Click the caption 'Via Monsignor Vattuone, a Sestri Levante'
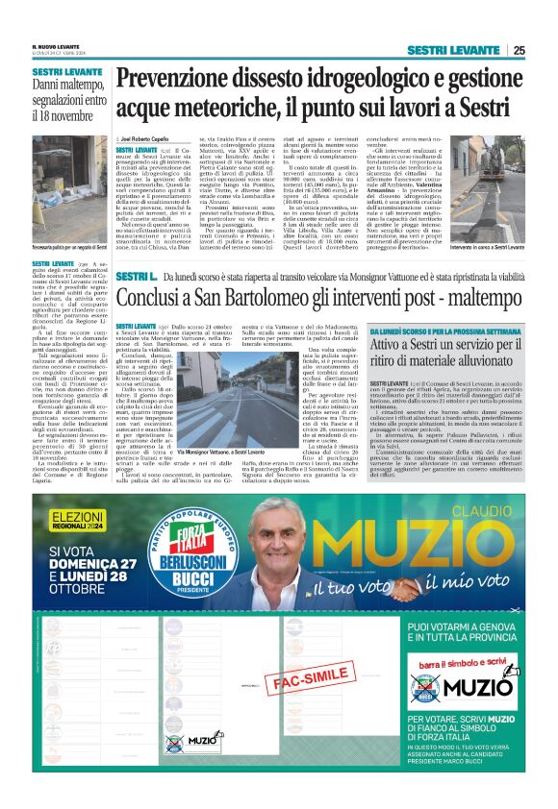pyautogui.click(x=222, y=424)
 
